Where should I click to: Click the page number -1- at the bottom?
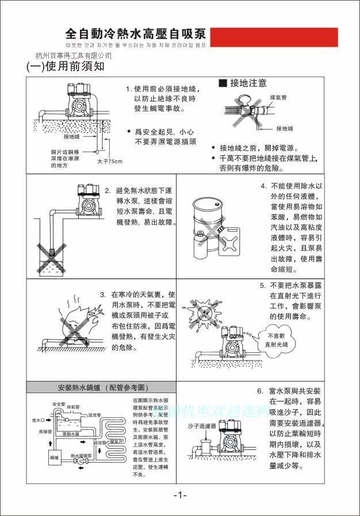coord(180,495)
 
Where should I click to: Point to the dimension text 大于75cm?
coord(110,161)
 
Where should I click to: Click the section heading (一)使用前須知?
coord(66,67)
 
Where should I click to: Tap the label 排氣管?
coord(73,407)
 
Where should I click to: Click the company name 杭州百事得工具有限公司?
coord(74,56)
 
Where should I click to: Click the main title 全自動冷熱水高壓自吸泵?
coord(136,33)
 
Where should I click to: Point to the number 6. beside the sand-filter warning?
coord(260,391)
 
